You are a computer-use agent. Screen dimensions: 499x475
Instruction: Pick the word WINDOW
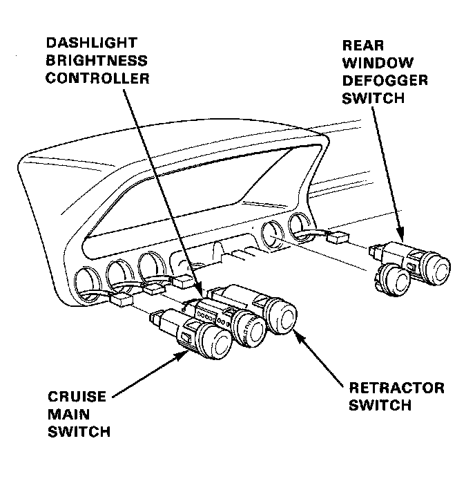point(372,63)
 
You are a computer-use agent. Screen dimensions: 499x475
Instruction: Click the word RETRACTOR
point(396,388)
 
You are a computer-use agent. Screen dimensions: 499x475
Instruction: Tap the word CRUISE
point(77,397)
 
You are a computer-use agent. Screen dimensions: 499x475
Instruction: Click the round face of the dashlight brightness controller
point(249,329)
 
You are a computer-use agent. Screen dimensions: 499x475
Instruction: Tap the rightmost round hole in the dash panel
point(299,225)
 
